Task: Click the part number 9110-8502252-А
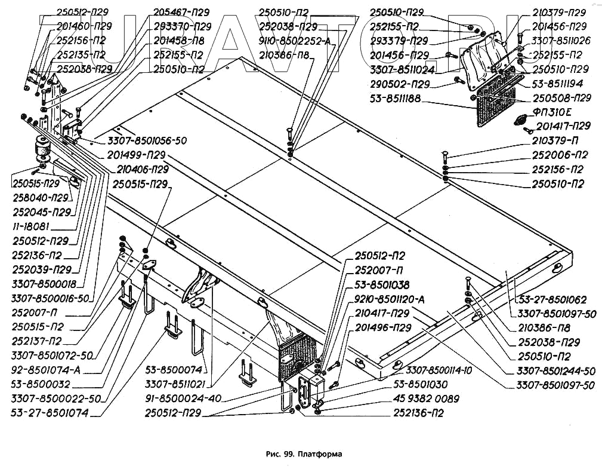(x=295, y=41)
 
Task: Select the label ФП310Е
(x=552, y=112)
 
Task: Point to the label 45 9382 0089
(x=426, y=399)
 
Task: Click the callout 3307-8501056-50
(x=147, y=140)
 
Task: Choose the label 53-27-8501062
(x=553, y=299)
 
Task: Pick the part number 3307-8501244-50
(x=556, y=371)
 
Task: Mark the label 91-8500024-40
(x=183, y=398)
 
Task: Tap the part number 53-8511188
(x=396, y=99)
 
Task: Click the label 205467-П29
(x=181, y=13)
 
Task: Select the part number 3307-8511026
(x=561, y=41)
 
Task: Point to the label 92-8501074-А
(x=46, y=370)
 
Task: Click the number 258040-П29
(x=41, y=198)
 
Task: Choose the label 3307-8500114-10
(x=439, y=370)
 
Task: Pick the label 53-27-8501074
(x=50, y=413)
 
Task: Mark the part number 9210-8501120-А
(x=390, y=299)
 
